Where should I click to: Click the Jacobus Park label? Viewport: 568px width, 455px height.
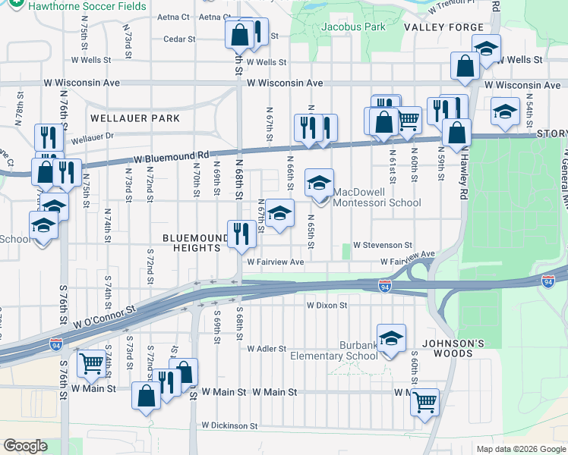[x=354, y=27]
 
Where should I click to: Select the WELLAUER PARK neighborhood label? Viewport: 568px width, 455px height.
[x=135, y=118]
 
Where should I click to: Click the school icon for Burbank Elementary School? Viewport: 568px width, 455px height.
[x=391, y=338]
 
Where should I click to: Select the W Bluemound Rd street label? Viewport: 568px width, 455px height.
[x=171, y=156]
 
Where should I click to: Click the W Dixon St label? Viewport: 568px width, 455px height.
[x=327, y=306]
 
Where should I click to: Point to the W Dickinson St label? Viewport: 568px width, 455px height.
[x=230, y=426]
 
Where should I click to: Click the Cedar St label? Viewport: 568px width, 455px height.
[x=179, y=39]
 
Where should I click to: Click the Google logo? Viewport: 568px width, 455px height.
[x=25, y=446]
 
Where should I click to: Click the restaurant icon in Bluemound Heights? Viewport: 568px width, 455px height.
[x=241, y=234]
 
